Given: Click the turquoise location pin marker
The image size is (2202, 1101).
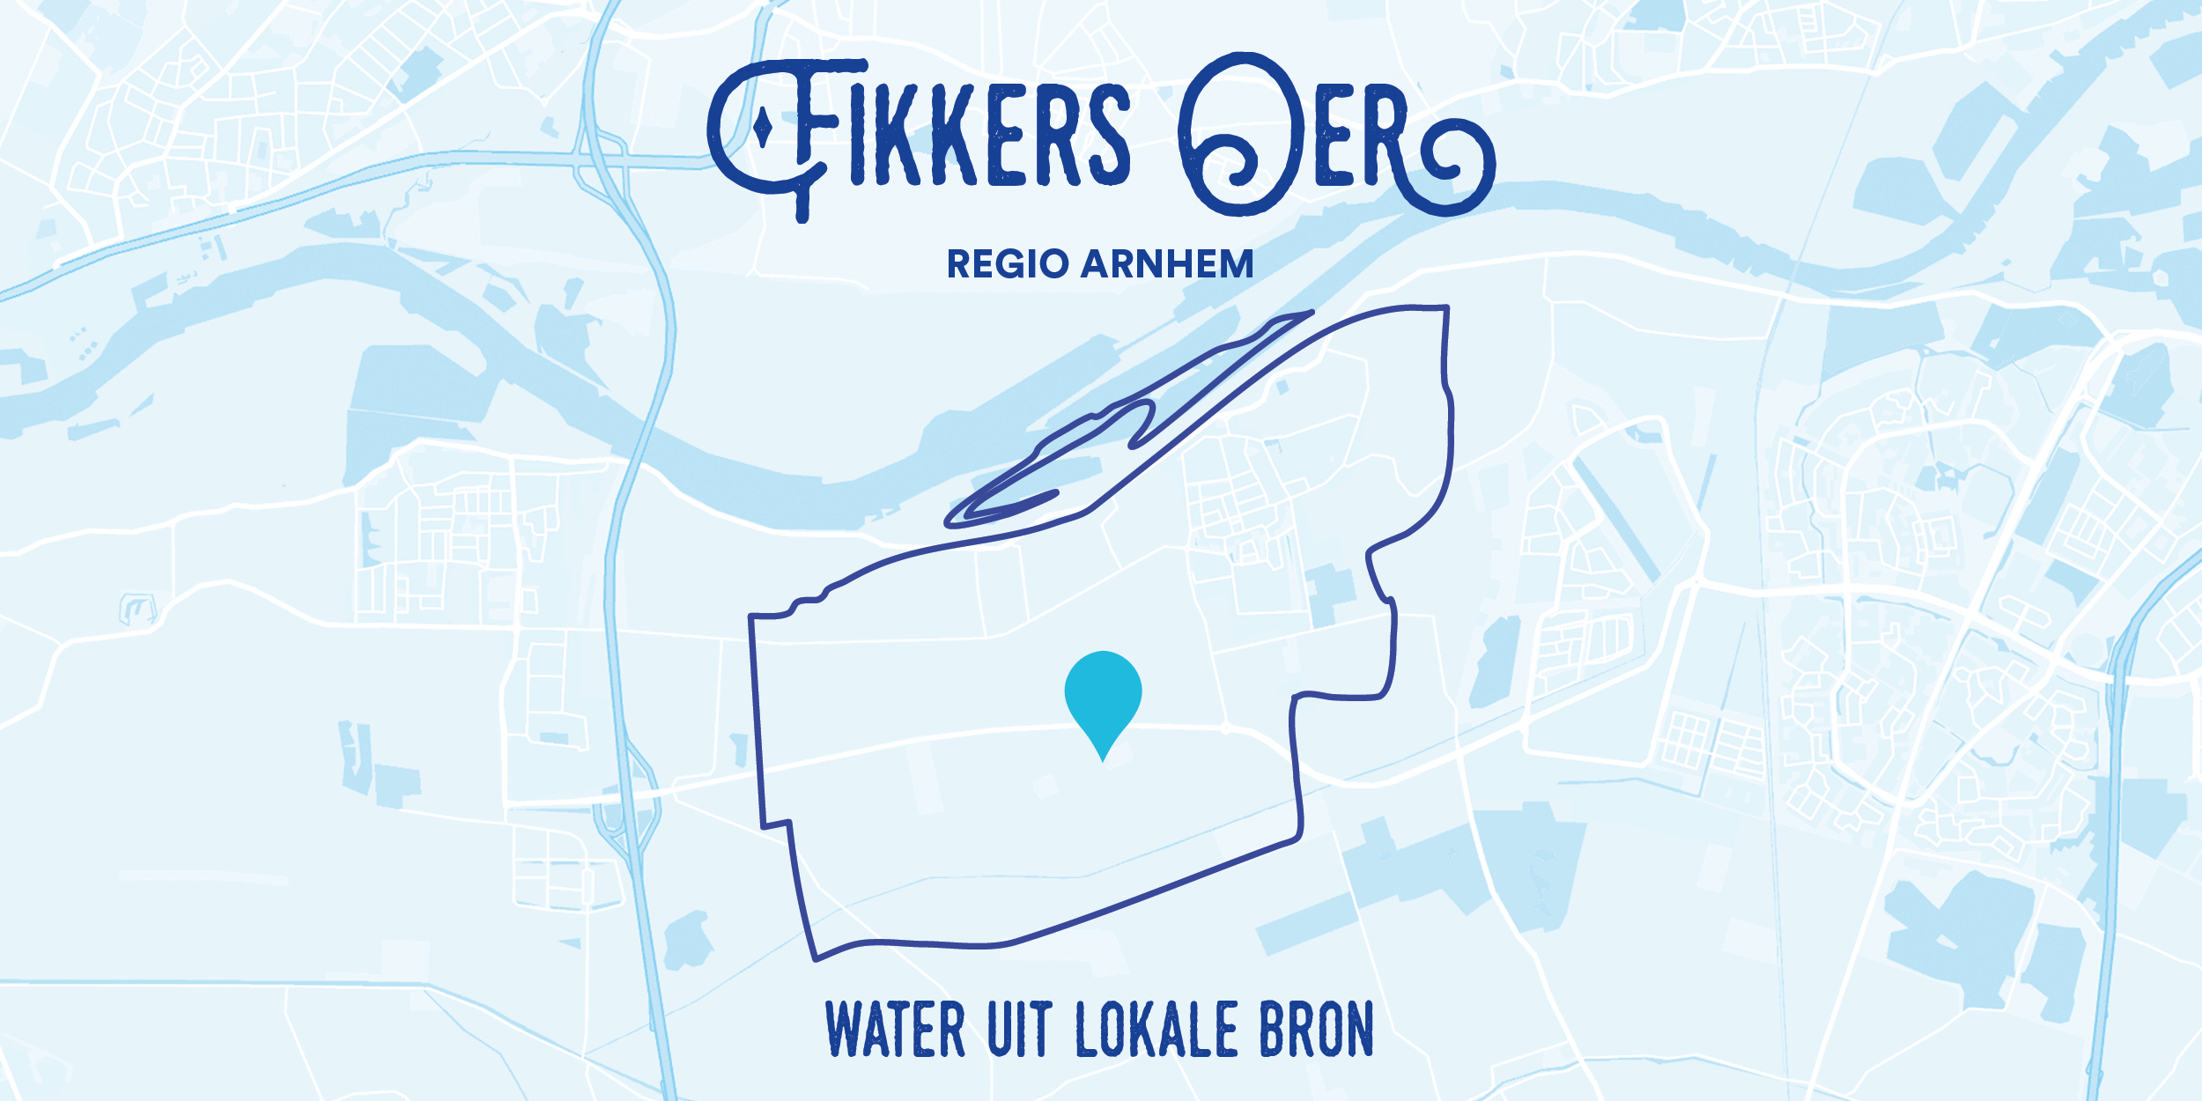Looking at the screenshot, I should click(1103, 694).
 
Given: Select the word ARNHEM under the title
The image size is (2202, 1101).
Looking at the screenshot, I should click(1167, 264).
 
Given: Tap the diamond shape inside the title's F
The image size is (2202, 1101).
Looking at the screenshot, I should click(764, 130).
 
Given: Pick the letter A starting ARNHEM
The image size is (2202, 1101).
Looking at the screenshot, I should click(1097, 264).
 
